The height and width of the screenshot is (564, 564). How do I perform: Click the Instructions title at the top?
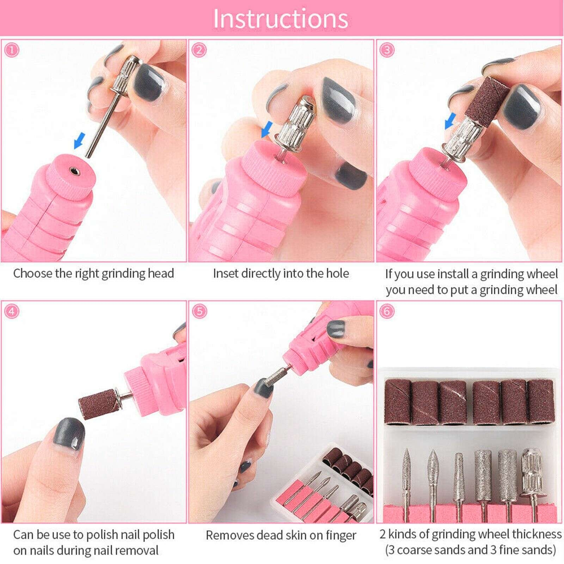click(281, 18)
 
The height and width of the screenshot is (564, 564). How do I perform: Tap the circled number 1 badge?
click(12, 50)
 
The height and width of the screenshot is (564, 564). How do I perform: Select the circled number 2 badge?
click(200, 50)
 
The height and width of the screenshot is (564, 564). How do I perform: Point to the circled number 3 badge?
click(387, 50)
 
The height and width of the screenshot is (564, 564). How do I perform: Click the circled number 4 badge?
click(12, 311)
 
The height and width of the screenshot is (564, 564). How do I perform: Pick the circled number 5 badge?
click(200, 311)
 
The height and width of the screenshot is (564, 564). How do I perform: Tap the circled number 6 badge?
click(387, 311)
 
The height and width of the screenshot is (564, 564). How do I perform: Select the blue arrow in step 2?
click(267, 130)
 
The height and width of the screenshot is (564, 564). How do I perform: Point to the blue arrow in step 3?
click(450, 121)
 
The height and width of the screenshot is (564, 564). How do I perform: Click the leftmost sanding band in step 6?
click(398, 401)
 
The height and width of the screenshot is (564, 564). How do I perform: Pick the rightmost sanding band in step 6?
click(541, 401)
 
